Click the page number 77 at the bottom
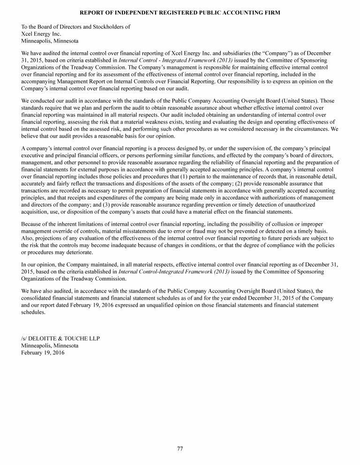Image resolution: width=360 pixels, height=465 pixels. [x=180, y=449]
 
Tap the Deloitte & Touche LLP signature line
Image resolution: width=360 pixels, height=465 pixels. [x=60, y=339]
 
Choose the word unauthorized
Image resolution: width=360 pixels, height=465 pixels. [x=319, y=205]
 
